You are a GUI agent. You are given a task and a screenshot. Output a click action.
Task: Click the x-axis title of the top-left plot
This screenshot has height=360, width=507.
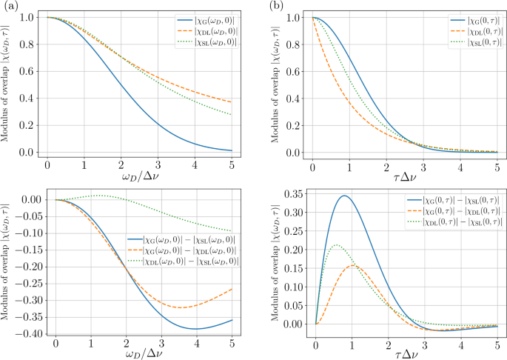pyautogui.click(x=140, y=175)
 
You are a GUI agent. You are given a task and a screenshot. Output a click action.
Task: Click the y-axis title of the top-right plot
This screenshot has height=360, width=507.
pyautogui.click(x=275, y=81)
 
